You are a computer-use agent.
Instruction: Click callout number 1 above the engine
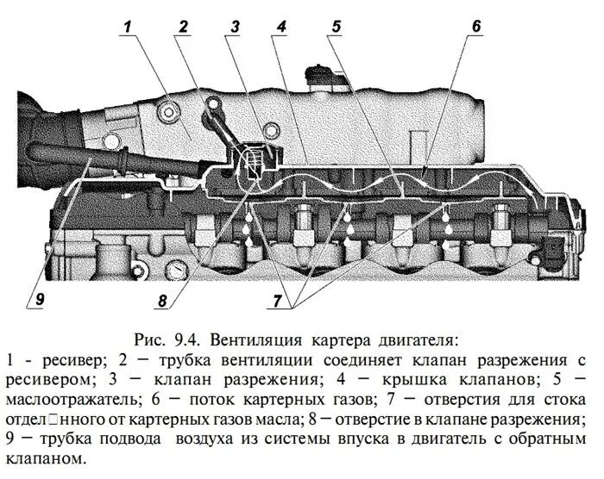click(128, 27)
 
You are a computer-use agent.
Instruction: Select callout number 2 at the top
click(183, 27)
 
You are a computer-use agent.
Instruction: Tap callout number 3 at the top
click(234, 27)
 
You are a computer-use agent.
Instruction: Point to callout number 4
click(281, 27)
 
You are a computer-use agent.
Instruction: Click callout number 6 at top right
click(475, 27)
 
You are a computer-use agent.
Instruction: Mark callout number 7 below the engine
click(278, 302)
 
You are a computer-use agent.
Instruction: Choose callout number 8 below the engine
click(161, 302)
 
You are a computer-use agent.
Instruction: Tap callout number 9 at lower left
click(38, 300)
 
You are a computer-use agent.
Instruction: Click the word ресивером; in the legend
click(47, 379)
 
